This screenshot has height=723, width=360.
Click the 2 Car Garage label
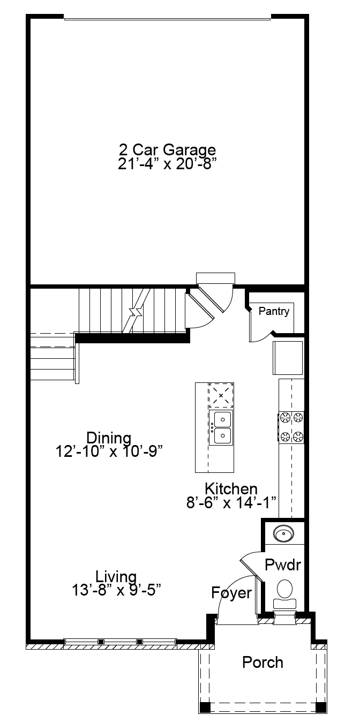tap(167, 150)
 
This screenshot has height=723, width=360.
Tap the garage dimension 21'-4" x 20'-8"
tap(167, 164)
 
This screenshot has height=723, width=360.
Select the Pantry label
tap(274, 311)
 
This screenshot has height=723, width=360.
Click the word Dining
tap(109, 438)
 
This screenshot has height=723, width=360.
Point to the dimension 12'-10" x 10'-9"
tap(109, 451)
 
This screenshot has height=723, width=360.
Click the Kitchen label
tap(231, 488)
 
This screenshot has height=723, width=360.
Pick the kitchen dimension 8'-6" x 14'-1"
tap(231, 502)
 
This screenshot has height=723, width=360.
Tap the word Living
tap(116, 576)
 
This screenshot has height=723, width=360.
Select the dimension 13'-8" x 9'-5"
tap(116, 590)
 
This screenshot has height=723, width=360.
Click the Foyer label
tap(231, 593)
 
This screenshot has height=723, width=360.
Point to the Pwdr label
tap(283, 565)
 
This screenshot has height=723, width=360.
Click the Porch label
tap(262, 662)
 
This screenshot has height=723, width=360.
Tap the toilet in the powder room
tap(285, 594)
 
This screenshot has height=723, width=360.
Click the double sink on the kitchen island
tap(221, 428)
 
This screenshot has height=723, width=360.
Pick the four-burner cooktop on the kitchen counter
tap(291, 427)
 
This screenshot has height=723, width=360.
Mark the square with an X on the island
tap(221, 396)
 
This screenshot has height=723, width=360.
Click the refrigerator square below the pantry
tap(288, 358)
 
